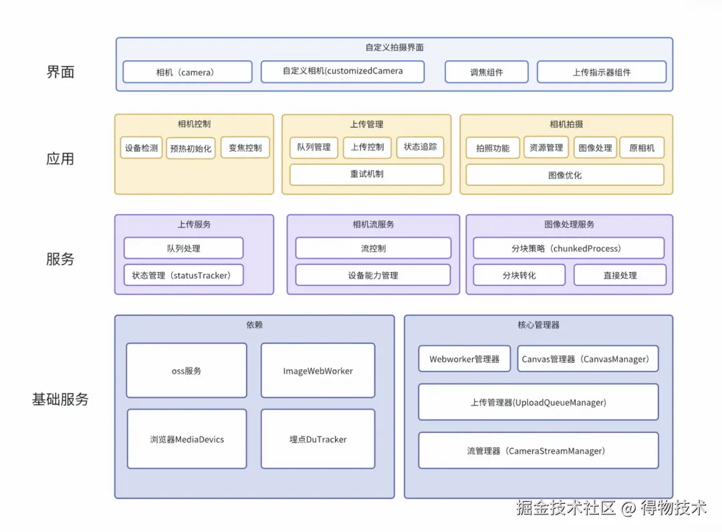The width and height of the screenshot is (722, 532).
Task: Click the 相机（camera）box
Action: click(187, 72)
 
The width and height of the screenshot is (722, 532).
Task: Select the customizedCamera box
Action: click(342, 72)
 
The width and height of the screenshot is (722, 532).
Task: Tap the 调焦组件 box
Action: click(486, 72)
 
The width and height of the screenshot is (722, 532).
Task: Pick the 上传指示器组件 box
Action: click(601, 72)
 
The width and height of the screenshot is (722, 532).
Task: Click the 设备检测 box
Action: click(142, 148)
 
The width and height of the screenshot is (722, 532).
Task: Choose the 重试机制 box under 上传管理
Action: click(366, 174)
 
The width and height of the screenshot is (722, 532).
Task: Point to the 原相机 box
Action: click(642, 148)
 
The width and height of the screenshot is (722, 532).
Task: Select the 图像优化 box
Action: click(565, 175)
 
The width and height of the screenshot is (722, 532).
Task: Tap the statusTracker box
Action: click(183, 275)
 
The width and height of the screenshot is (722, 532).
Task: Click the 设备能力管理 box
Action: click(373, 275)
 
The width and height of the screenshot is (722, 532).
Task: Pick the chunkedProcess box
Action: click(568, 248)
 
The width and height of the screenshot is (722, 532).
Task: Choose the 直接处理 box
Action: click(620, 275)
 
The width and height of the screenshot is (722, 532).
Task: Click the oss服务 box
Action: click(187, 370)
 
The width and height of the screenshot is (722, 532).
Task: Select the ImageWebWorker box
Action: click(318, 370)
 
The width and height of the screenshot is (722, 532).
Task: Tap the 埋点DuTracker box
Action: click(318, 439)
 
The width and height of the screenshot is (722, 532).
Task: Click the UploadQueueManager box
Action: click(538, 402)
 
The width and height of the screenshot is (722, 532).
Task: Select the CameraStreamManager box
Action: click(538, 451)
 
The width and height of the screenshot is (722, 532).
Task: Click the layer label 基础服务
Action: click(60, 400)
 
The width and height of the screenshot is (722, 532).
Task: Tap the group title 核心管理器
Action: click(538, 325)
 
